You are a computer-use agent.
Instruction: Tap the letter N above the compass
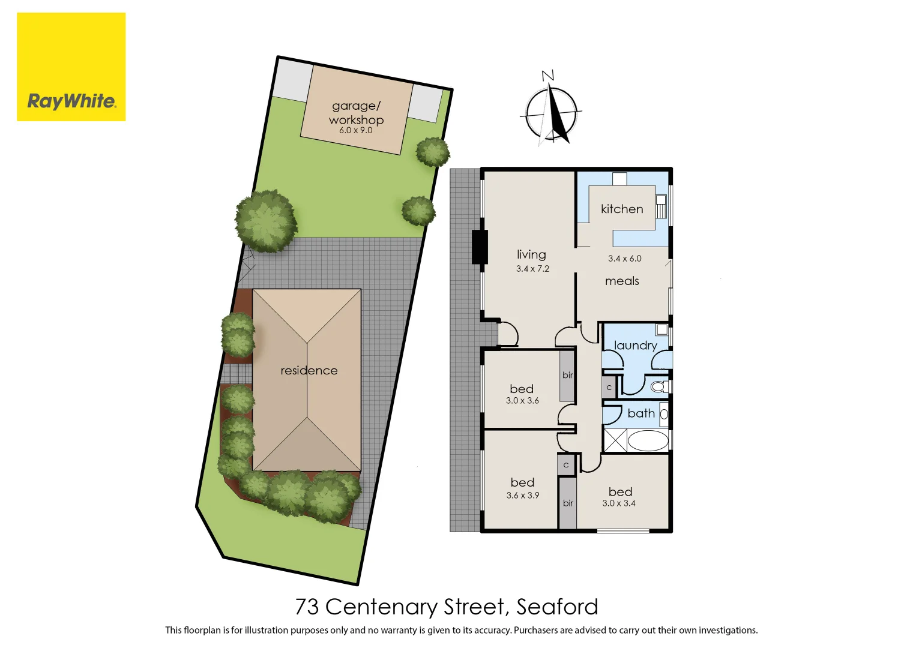pyautogui.click(x=547, y=76)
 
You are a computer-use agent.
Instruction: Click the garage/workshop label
pyautogui.click(x=356, y=112)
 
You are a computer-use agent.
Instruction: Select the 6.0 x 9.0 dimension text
pyautogui.click(x=356, y=130)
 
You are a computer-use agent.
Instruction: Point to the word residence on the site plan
pyautogui.click(x=309, y=371)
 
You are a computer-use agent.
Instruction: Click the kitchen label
pyautogui.click(x=622, y=209)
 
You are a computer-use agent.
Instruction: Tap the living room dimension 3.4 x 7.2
pyautogui.click(x=532, y=269)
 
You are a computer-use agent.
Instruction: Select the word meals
pyautogui.click(x=622, y=281)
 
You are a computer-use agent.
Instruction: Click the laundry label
pyautogui.click(x=635, y=346)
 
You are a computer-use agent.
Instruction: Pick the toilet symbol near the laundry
pyautogui.click(x=659, y=386)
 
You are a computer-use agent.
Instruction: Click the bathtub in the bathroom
pyautogui.click(x=648, y=440)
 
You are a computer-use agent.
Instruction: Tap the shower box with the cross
pyautogui.click(x=615, y=440)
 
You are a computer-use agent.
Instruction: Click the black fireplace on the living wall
pyautogui.click(x=480, y=247)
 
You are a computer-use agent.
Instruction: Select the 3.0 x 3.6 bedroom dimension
pyautogui.click(x=522, y=401)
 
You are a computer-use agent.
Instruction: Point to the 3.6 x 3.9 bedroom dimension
pyautogui.click(x=523, y=496)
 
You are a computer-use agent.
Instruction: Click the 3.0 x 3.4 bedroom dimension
pyautogui.click(x=619, y=503)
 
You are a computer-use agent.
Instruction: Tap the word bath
pyautogui.click(x=641, y=413)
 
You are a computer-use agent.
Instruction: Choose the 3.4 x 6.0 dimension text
pyautogui.click(x=624, y=259)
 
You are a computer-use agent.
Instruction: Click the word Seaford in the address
pyautogui.click(x=557, y=607)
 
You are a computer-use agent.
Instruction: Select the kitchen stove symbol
pyautogui.click(x=661, y=207)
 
